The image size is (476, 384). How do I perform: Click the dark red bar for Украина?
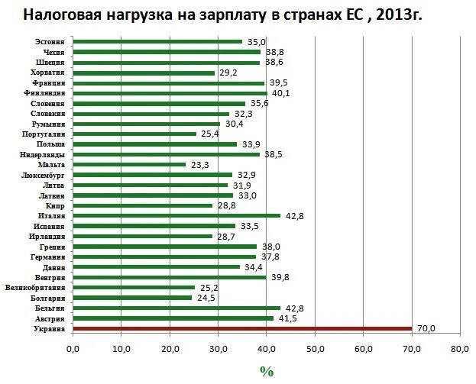pyautogui.click(x=242, y=328)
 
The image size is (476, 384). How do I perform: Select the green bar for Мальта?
pyautogui.click(x=129, y=164)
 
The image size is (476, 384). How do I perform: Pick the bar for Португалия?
pyautogui.click(x=134, y=134)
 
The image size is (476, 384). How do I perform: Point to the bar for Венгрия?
pyautogui.click(x=169, y=277)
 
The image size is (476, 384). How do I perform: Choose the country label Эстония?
pyautogui.click(x=50, y=40)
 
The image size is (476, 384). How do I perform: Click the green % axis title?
pyautogui.click(x=266, y=371)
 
